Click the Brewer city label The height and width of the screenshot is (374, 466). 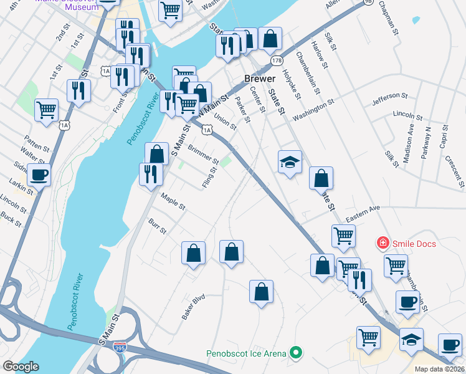259,80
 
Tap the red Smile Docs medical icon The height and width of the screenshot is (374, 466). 383,243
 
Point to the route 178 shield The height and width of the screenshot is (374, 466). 277,60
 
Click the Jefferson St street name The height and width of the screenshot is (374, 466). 389,99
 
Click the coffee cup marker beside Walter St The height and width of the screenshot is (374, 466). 39,175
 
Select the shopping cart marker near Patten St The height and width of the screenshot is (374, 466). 46,110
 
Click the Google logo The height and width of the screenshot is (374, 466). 21,366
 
